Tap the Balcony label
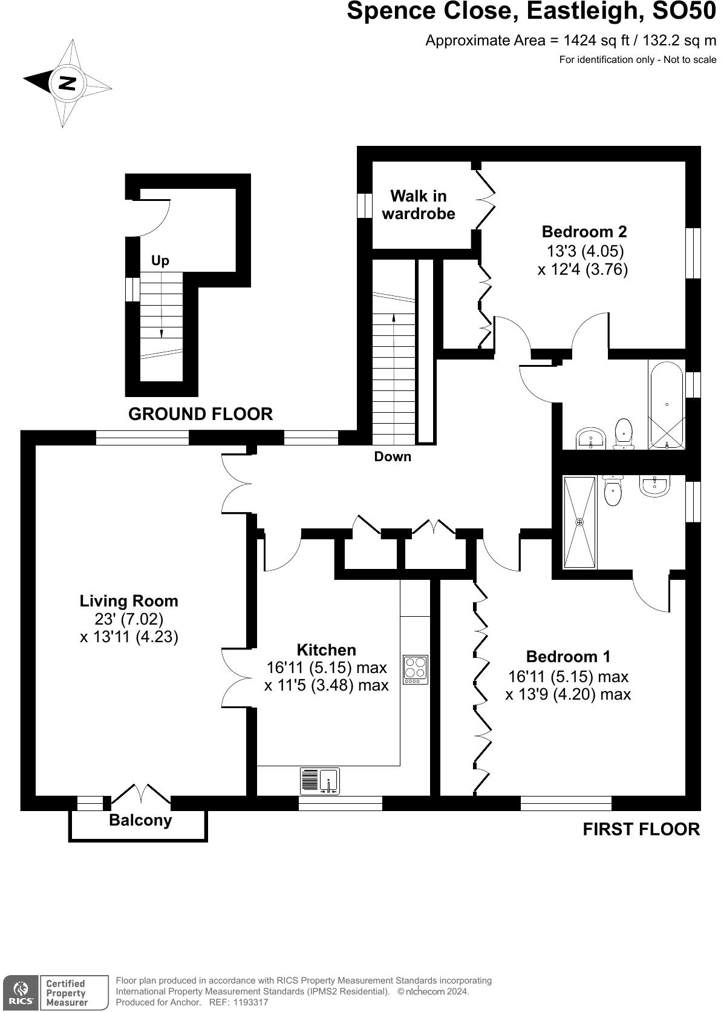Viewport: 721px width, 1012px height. coord(140,820)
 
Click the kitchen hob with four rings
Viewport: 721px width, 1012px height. coord(416,669)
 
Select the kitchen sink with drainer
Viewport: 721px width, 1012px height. coord(320,781)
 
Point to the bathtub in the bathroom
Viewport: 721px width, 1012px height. coord(667,404)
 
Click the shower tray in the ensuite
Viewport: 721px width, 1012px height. coord(580,522)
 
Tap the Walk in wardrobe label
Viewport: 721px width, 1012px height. coord(419,205)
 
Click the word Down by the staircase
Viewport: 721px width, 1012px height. coord(393,457)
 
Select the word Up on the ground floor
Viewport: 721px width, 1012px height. coord(160,261)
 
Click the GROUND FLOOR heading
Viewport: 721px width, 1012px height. coord(200,415)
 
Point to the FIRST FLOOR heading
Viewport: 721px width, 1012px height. coord(641,829)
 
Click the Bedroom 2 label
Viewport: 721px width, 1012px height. coord(584,231)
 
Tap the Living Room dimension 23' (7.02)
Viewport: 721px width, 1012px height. coord(129,619)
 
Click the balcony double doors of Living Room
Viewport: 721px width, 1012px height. coord(141,795)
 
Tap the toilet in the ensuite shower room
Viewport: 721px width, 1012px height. coord(613,491)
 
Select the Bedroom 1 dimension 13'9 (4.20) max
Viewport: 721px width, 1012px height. coord(568,694)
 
